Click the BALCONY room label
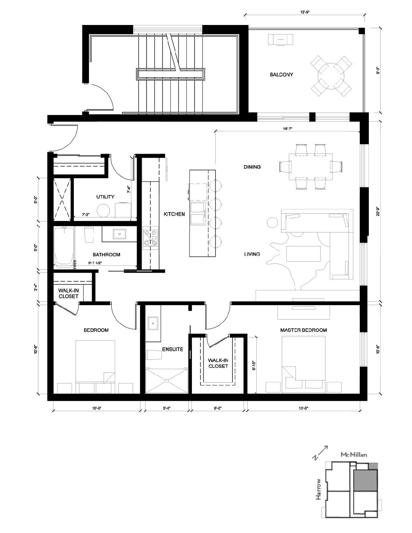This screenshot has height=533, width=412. tap(281, 75)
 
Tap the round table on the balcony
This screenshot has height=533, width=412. tap(331, 76)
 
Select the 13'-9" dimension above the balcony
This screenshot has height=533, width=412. tap(305, 11)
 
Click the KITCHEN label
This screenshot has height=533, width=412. tap(174, 214)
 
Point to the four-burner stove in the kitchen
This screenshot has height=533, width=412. tap(150, 238)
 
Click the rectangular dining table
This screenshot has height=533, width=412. tap(311, 167)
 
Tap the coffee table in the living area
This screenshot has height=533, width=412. tap(303, 254)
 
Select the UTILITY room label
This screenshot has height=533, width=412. tap(105, 197)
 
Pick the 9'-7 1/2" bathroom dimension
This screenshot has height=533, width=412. tap(95, 263)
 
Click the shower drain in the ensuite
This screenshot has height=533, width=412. tap(167, 381)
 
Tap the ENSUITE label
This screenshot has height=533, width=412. tap(173, 349)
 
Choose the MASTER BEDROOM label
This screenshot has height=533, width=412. tap(304, 330)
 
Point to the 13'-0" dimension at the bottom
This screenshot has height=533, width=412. tap(304, 408)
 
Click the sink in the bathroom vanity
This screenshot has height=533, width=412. tap(120, 234)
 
